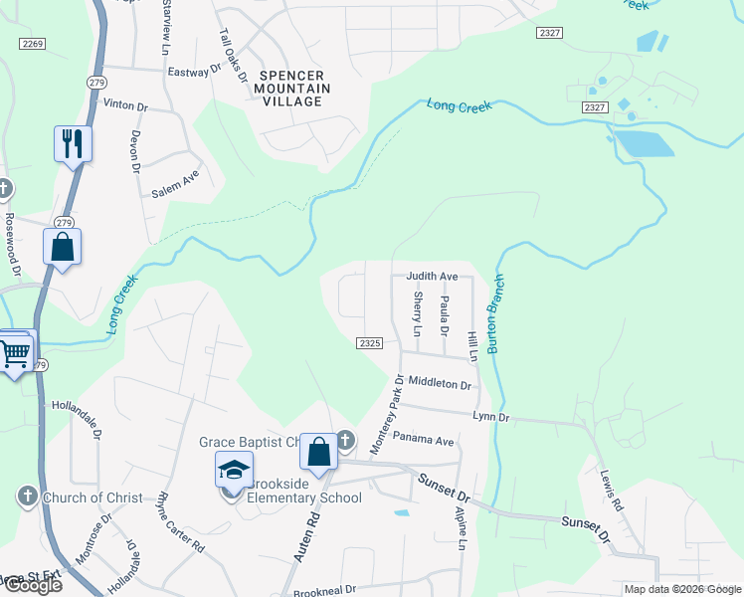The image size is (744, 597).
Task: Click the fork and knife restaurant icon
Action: tap(73, 144)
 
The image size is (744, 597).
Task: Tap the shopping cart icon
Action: tap(14, 351)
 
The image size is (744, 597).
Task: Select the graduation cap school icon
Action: tap(234, 471)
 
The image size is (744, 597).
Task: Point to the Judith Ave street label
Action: tap(432, 277)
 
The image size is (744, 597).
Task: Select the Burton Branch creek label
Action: tap(496, 316)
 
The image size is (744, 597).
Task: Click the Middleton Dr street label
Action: tap(438, 382)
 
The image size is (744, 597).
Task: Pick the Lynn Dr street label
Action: tap(490, 418)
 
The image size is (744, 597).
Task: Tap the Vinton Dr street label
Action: tap(125, 103)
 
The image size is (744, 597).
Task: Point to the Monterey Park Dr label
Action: tap(388, 416)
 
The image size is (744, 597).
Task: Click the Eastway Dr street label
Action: tap(194, 72)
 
